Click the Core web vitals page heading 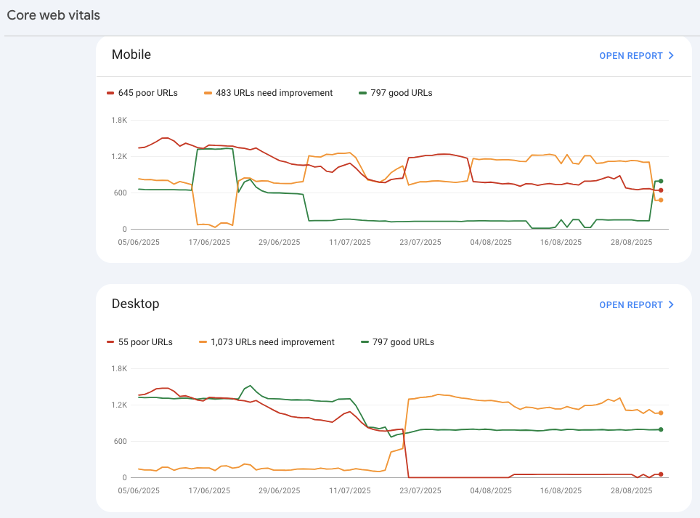point(53,15)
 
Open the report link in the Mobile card point(636,56)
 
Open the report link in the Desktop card point(636,305)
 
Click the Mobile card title point(131,55)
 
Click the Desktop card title point(136,304)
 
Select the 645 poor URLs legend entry point(147,93)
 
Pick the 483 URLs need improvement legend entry point(273,93)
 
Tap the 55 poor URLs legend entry point(145,342)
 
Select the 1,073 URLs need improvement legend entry point(272,342)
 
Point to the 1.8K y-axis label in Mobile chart point(119,120)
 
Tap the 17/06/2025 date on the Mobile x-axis point(209,243)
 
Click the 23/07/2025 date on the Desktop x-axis point(420,491)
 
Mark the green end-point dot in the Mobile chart point(661,181)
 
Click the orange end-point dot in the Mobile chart point(661,200)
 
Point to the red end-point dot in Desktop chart point(661,474)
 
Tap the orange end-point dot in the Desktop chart point(661,413)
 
